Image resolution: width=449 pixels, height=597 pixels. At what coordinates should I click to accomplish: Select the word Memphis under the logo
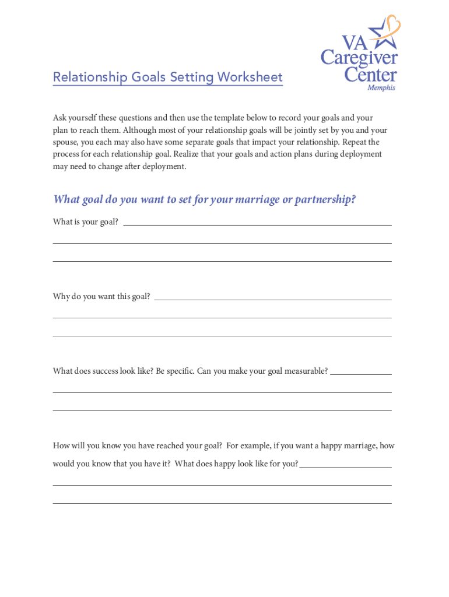click(381, 87)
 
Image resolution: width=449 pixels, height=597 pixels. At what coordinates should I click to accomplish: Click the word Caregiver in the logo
click(359, 58)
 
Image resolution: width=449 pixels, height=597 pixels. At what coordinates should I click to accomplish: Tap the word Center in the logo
click(371, 75)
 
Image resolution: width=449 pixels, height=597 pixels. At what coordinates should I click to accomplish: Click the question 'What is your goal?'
click(86, 222)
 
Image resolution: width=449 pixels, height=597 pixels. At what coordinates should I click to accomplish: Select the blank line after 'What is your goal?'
click(257, 224)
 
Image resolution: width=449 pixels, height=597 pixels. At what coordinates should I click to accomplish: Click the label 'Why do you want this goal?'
click(101, 296)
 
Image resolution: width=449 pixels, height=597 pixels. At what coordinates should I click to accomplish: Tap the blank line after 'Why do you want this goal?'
click(272, 299)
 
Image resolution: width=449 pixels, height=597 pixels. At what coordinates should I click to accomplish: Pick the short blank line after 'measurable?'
click(360, 374)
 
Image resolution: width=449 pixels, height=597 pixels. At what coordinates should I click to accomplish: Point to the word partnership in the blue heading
click(324, 199)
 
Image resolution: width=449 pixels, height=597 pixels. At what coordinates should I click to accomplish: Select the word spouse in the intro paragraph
click(66, 142)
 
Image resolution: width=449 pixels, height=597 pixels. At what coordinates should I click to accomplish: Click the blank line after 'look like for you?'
click(345, 466)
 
